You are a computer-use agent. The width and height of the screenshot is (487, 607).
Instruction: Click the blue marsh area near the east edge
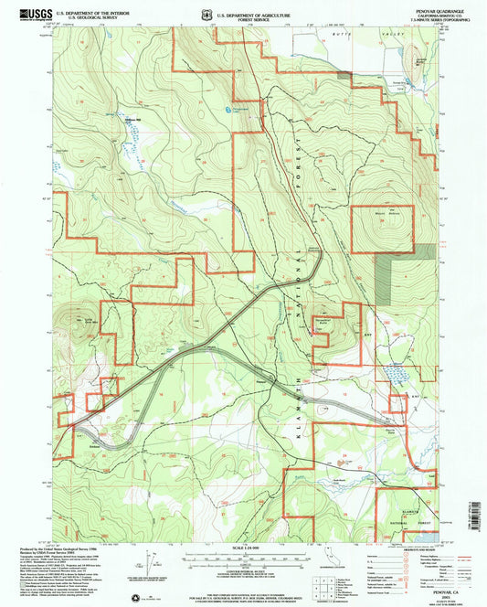(x=396, y=374)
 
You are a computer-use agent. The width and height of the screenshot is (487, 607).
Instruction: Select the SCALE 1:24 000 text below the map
(x=243, y=547)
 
